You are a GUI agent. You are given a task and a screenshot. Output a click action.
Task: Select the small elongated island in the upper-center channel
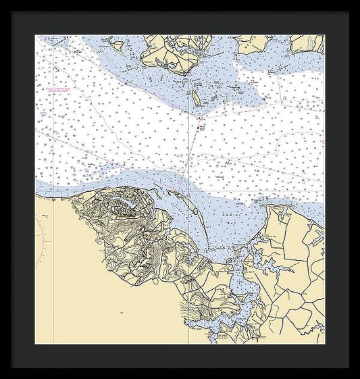pos(196,99)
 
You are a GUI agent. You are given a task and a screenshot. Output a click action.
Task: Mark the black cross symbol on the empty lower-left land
pos(122,312)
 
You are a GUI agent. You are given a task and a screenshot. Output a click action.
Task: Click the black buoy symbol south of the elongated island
pos(200,126)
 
